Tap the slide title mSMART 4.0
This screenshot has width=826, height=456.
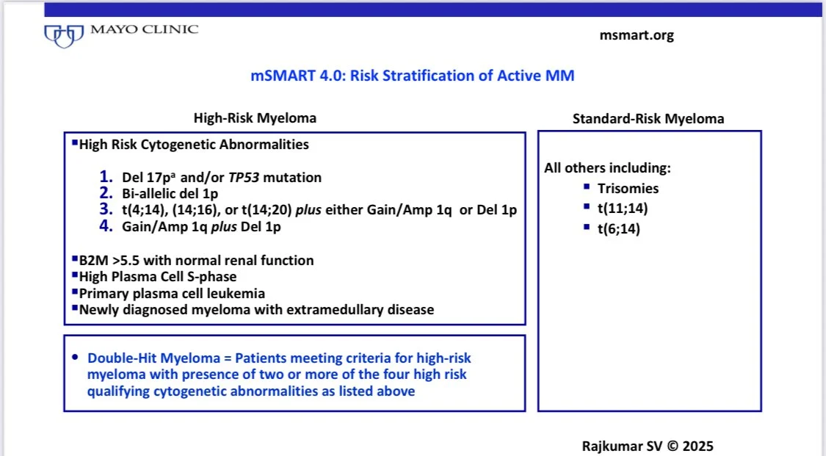(x=413, y=75)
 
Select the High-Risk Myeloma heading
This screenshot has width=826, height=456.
(x=255, y=117)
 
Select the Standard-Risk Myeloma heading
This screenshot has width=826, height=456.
(x=648, y=118)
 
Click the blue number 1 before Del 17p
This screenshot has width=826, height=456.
(x=106, y=177)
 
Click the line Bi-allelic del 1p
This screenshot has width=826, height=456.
(x=171, y=194)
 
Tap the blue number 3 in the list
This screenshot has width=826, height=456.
(x=106, y=210)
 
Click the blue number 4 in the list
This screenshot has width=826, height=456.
(x=106, y=227)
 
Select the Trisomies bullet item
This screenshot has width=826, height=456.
(x=628, y=189)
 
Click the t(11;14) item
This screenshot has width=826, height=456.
(x=623, y=209)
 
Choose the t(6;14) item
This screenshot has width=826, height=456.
(x=620, y=228)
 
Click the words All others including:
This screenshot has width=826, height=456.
(x=606, y=168)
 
